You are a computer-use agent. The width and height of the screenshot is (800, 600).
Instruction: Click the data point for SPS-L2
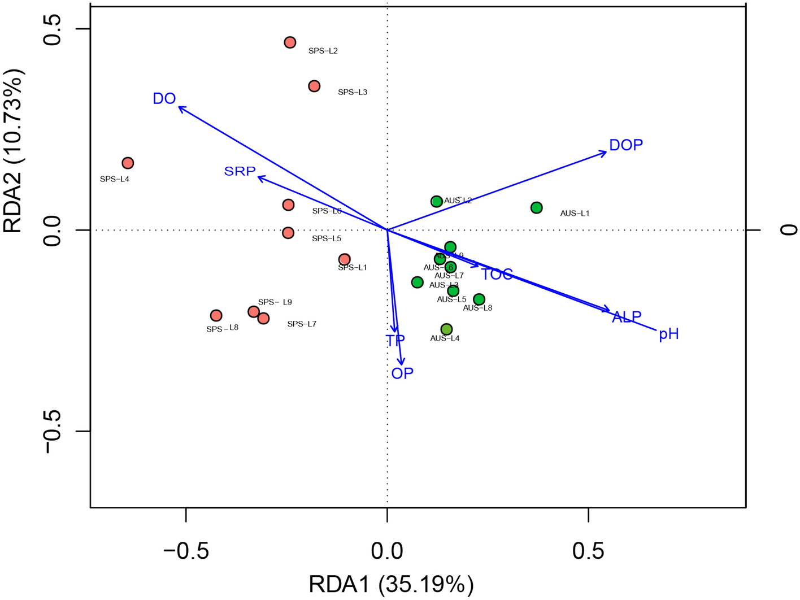tap(290, 42)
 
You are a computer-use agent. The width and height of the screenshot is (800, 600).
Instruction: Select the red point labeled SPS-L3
tap(314, 86)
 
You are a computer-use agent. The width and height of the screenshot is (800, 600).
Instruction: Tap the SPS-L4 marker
tap(128, 163)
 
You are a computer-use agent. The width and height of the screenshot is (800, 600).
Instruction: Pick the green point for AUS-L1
tap(536, 208)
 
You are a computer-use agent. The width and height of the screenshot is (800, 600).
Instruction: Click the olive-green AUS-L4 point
tap(446, 329)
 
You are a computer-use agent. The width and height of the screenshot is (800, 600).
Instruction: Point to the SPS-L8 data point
tap(216, 316)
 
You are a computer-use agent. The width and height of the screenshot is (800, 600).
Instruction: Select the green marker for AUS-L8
tap(479, 299)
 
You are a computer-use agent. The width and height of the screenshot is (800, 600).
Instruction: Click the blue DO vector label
tap(164, 99)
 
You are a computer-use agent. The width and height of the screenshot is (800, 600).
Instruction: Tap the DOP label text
tap(626, 145)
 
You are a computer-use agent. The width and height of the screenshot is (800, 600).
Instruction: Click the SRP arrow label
tap(240, 171)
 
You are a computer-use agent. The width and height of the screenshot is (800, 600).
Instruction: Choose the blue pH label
tap(669, 334)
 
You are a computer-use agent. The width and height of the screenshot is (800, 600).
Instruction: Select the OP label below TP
tap(402, 373)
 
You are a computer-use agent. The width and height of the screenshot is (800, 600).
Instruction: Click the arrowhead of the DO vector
tap(180, 107)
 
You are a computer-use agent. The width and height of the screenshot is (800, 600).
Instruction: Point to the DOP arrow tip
tap(605, 152)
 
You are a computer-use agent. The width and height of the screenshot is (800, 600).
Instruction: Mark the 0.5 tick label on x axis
tap(588, 551)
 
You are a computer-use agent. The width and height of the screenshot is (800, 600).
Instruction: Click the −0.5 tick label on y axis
tap(51, 431)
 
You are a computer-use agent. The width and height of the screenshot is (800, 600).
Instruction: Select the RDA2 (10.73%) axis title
tap(14, 151)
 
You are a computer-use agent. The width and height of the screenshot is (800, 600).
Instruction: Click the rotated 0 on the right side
tap(788, 230)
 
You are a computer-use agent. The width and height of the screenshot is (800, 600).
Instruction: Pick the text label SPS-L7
tap(302, 324)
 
